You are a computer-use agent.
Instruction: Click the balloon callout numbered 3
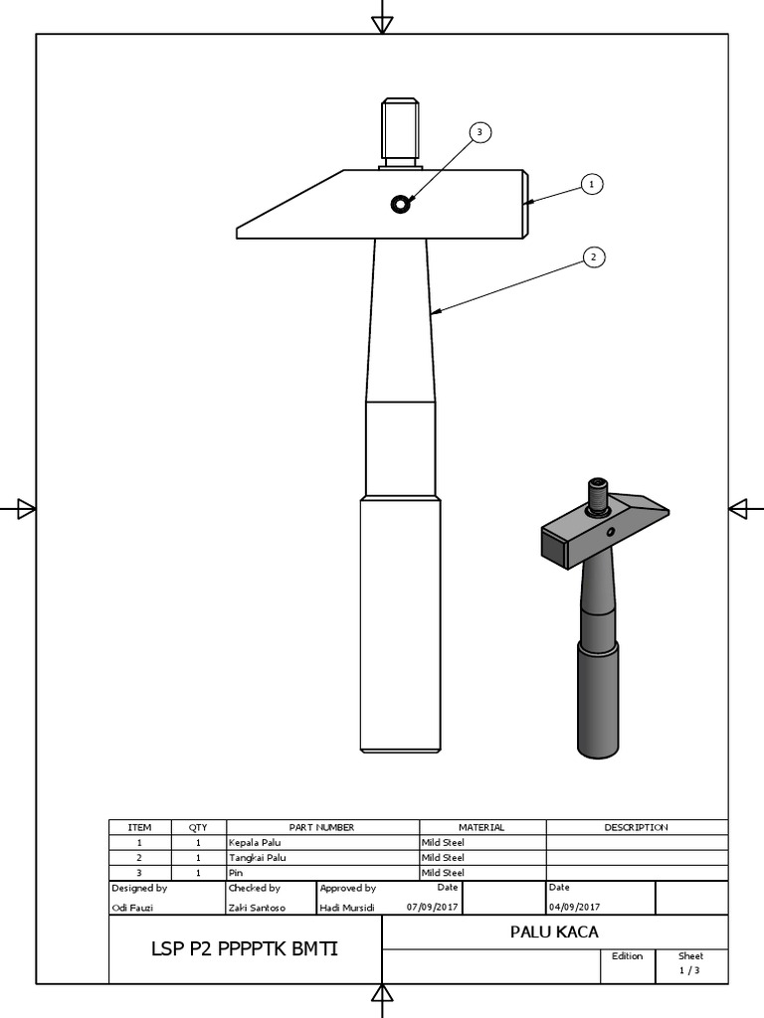point(479,132)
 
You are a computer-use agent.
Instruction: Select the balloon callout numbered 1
point(591,184)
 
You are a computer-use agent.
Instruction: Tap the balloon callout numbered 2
point(593,257)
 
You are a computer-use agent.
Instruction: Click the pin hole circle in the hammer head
point(400,205)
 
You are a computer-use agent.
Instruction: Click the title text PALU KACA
point(554,932)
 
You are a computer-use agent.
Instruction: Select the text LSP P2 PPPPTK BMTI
point(245,949)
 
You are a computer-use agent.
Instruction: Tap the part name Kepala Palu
point(256,842)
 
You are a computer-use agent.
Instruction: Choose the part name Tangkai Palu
point(258,857)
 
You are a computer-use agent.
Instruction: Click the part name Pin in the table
point(236,872)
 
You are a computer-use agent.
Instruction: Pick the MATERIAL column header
point(481,827)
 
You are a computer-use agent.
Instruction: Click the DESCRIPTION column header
point(637,827)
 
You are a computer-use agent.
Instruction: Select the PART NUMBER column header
point(322,827)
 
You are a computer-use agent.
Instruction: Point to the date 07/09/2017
point(433,907)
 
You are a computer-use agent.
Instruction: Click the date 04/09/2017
point(575,907)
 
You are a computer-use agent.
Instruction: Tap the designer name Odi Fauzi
point(133,907)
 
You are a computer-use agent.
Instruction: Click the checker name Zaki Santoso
point(257,907)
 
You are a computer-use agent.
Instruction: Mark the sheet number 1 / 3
point(689,970)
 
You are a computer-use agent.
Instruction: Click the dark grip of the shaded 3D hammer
point(598,696)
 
